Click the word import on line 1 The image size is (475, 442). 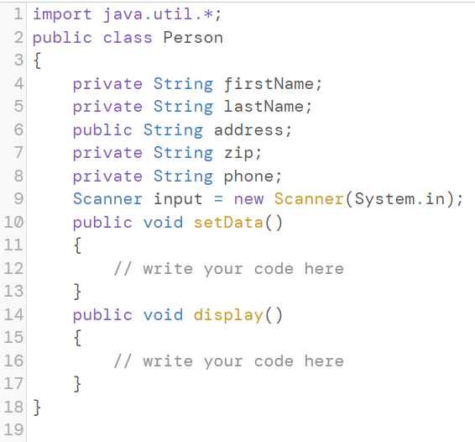point(62,14)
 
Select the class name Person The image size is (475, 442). point(193,38)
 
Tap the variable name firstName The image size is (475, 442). point(269,84)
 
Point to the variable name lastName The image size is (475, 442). point(264,107)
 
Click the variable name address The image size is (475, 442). point(248,130)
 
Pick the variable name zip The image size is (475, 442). point(238,153)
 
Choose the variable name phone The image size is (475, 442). point(248,176)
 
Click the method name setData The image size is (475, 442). point(228,222)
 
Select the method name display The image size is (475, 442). point(228,315)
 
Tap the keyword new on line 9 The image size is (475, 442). point(248,200)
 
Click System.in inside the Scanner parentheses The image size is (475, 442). point(399,199)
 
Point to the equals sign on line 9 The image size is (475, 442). point(218,199)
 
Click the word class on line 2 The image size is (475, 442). point(128,38)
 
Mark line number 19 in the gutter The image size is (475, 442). point(13,430)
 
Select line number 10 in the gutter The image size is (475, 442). point(13,222)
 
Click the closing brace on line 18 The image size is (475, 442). point(37,407)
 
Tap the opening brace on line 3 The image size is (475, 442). point(37,61)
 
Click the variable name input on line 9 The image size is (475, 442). point(178,200)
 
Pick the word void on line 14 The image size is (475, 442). point(163,314)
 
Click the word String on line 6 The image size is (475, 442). point(173,130)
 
